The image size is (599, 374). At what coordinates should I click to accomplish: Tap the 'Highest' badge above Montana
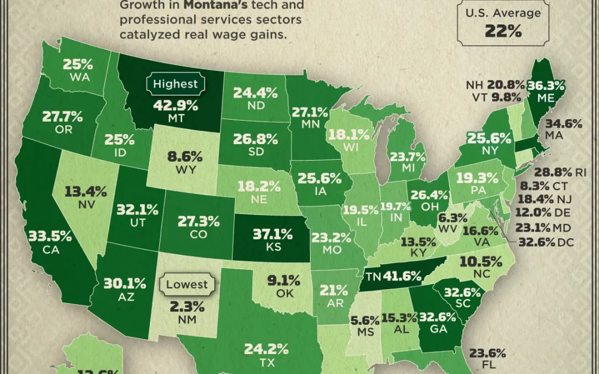click(175, 84)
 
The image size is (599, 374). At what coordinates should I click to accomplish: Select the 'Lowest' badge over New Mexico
click(187, 285)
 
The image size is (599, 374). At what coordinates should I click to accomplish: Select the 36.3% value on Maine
click(547, 85)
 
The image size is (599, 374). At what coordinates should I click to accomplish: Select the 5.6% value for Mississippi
click(365, 320)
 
